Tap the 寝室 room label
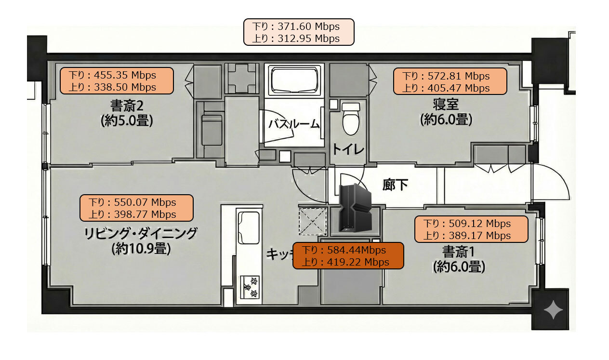pos(446,104)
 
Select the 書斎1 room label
pos(458,251)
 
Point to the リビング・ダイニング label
pos(141,234)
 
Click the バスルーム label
pos(294,124)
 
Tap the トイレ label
pos(347,149)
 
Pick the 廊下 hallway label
pos(395,184)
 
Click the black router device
pos(356,208)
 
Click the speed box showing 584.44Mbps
pos(348,256)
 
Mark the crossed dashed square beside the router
pos(313,221)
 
